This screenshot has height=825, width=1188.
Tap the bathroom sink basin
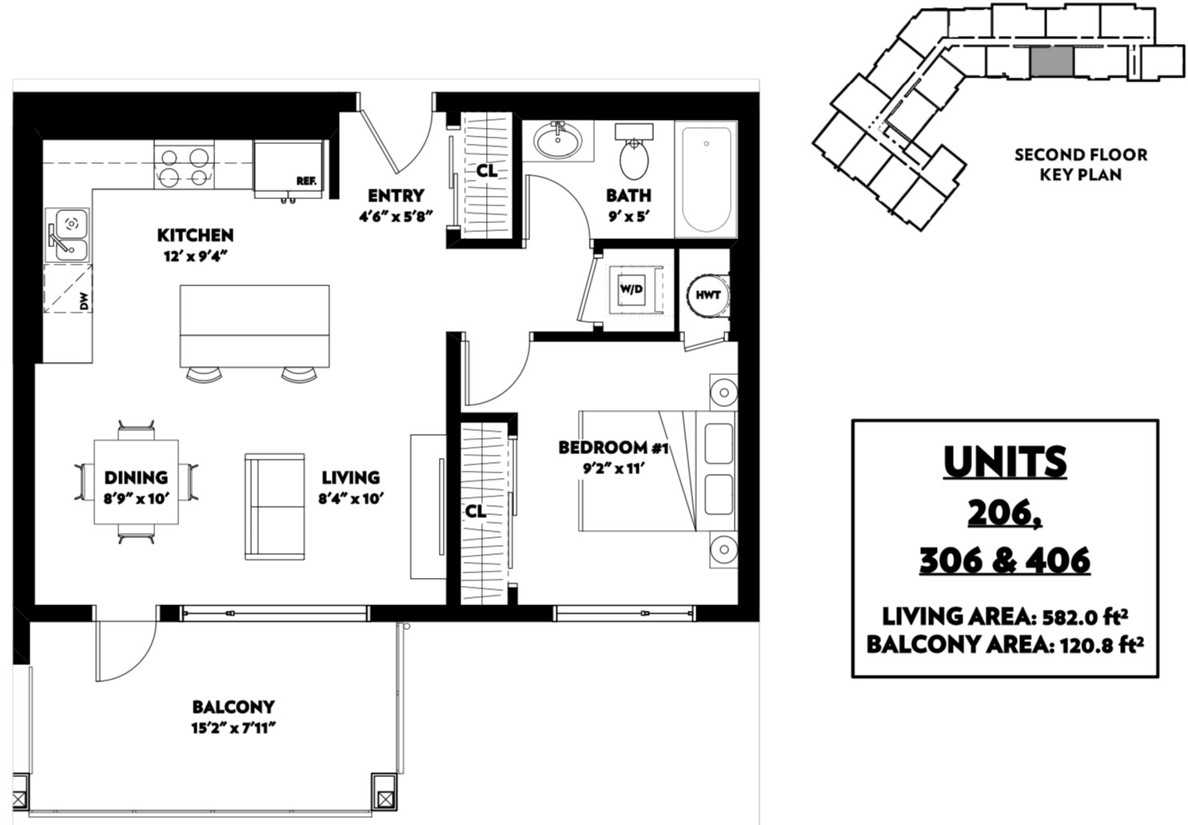pyautogui.click(x=557, y=141)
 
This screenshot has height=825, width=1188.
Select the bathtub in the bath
pyautogui.click(x=705, y=179)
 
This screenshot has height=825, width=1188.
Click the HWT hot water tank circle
pyautogui.click(x=708, y=295)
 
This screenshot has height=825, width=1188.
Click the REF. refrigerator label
pyautogui.click(x=306, y=181)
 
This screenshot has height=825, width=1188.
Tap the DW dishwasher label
pyautogui.click(x=85, y=301)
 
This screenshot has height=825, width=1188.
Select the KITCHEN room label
pyautogui.click(x=195, y=235)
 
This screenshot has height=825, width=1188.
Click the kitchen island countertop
pyautogui.click(x=254, y=326)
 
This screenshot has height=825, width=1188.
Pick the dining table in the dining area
pyautogui.click(x=136, y=482)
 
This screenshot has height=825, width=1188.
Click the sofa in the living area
pyautogui.click(x=275, y=506)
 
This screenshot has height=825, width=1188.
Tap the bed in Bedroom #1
pyautogui.click(x=658, y=471)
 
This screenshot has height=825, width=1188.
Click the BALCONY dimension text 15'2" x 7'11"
pyautogui.click(x=234, y=728)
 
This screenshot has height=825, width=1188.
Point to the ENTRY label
pyautogui.click(x=397, y=196)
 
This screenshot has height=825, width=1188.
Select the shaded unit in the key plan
pyautogui.click(x=1052, y=62)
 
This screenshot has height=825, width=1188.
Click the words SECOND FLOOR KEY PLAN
pyautogui.click(x=1081, y=165)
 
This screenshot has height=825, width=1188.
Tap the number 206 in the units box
pyautogui.click(x=1005, y=512)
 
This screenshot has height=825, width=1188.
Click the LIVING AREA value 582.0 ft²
pyautogui.click(x=1085, y=617)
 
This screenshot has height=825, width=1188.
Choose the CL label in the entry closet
pyautogui.click(x=487, y=170)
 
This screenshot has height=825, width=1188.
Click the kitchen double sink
pyautogui.click(x=67, y=235)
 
